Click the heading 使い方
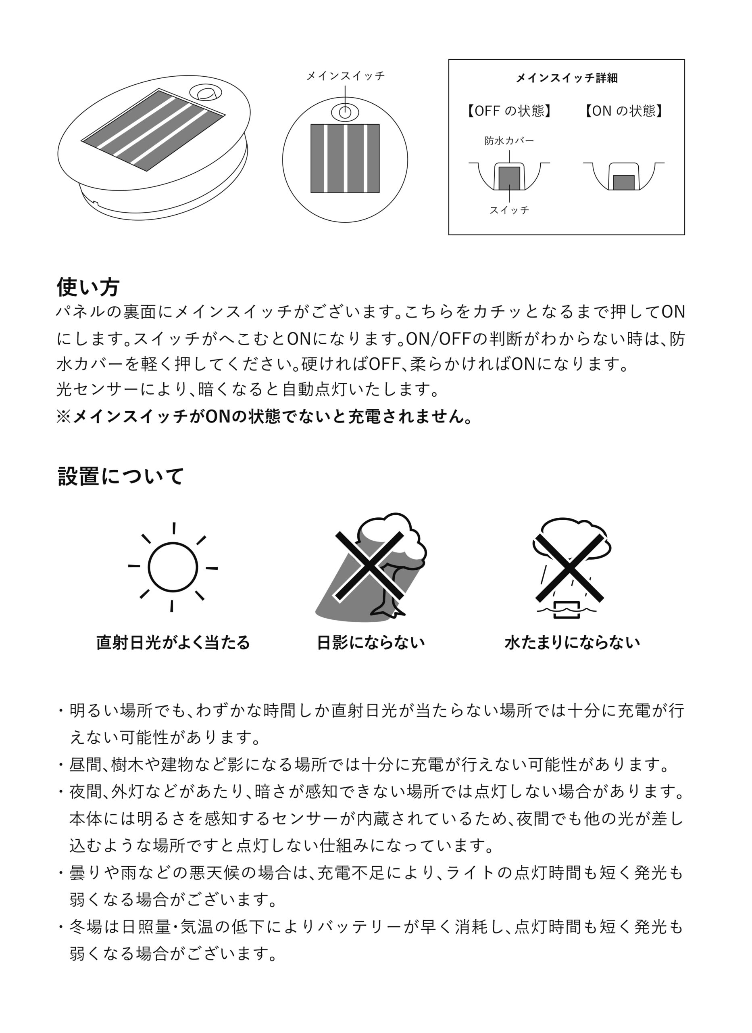(88, 287)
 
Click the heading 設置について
(121, 477)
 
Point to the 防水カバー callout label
(509, 141)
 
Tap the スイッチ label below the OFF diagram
(509, 210)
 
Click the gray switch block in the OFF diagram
(509, 178)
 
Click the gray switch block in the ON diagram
(624, 182)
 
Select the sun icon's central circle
(173, 567)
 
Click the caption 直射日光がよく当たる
(173, 643)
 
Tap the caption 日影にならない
(371, 643)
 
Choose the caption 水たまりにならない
(572, 643)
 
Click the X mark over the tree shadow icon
(369, 566)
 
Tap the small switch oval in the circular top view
(345, 112)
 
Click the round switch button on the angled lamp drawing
(206, 93)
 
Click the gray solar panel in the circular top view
(345, 158)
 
